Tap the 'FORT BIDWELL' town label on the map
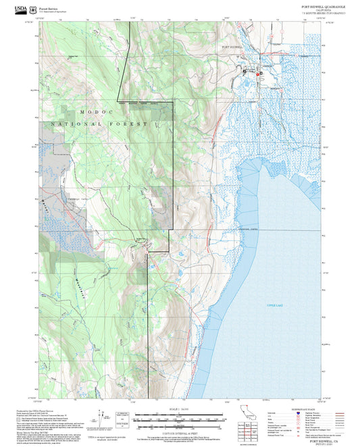coord(232,47)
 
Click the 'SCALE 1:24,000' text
coord(179,409)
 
